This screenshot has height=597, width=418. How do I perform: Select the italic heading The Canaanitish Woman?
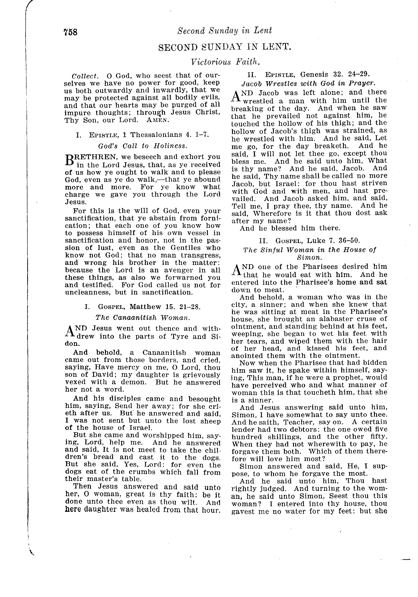142,318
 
